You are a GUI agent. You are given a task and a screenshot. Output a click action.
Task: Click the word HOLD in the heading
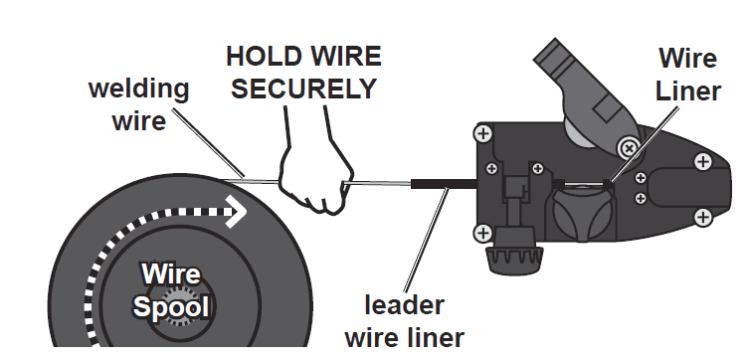click(263, 57)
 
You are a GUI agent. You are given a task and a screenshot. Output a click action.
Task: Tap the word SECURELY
click(304, 89)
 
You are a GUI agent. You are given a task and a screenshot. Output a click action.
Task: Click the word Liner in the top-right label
click(687, 90)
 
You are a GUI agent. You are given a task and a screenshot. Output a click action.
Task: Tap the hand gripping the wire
click(312, 176)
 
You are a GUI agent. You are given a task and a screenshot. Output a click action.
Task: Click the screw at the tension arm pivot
click(628, 148)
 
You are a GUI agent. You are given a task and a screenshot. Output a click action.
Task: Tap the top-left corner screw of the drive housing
click(482, 132)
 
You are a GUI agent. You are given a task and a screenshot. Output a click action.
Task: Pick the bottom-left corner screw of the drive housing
click(482, 233)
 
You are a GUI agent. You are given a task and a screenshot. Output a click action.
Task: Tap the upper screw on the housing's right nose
click(702, 160)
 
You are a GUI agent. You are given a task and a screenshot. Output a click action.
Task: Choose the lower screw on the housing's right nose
click(702, 215)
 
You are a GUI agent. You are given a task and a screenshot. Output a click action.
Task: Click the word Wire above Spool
click(170, 273)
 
